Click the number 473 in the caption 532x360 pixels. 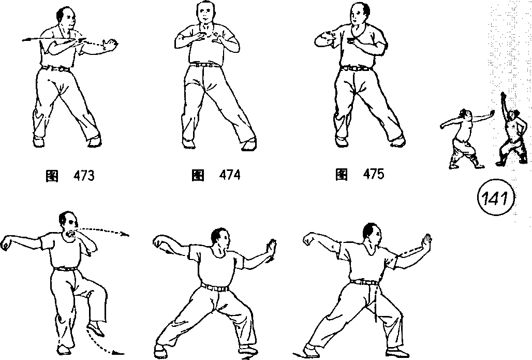click(84, 176)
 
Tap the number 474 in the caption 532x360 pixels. click(230, 175)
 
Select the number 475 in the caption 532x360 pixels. click(374, 174)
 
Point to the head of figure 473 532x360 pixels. click(66, 18)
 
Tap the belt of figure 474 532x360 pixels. click(205, 65)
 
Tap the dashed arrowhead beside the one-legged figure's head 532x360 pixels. click(126, 234)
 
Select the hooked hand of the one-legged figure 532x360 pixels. click(5, 243)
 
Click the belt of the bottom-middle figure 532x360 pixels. click(215, 287)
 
